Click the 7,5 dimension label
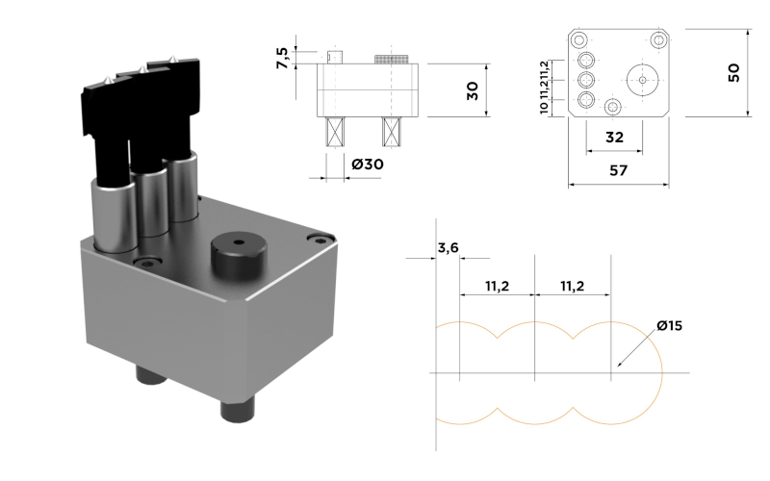282,58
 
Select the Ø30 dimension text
368,164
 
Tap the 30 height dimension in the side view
473,90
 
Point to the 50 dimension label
733,73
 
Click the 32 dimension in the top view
614,138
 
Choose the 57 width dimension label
618,170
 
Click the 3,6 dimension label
448,248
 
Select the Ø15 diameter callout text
670,325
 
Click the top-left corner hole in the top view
579,39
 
